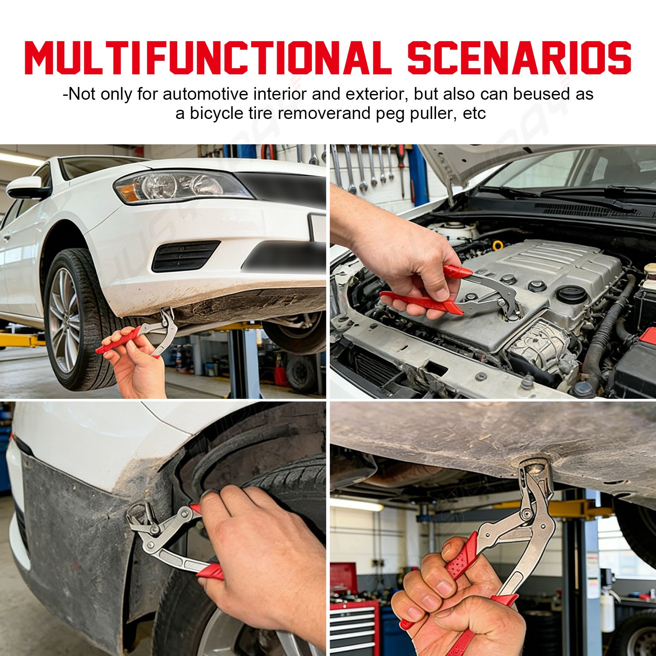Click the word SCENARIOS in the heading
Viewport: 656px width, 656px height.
coord(520,58)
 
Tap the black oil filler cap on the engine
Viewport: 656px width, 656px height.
coord(571,294)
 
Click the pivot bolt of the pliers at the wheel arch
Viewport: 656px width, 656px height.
coord(154,530)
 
